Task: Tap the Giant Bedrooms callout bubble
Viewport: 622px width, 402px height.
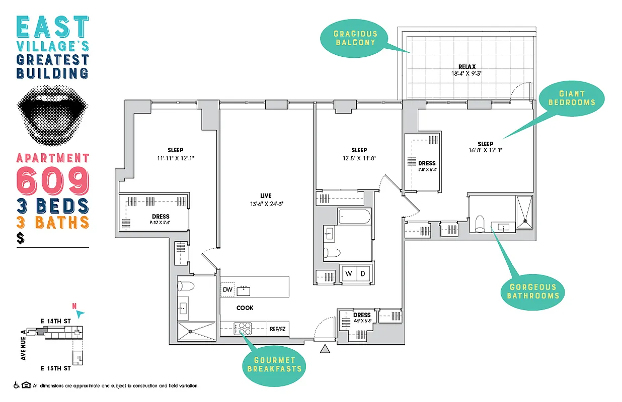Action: point(571,98)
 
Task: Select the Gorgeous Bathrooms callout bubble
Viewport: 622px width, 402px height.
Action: point(533,291)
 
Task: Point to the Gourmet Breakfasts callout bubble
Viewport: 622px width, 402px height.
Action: point(274,364)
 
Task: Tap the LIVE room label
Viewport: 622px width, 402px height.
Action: point(266,195)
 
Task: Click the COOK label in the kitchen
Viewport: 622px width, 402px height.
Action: point(245,308)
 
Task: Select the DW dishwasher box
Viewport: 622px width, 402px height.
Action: point(227,289)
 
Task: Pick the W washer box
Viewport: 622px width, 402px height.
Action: point(348,274)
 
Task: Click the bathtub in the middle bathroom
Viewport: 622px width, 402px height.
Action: point(354,217)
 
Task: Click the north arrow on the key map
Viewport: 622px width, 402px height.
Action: point(82,313)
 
